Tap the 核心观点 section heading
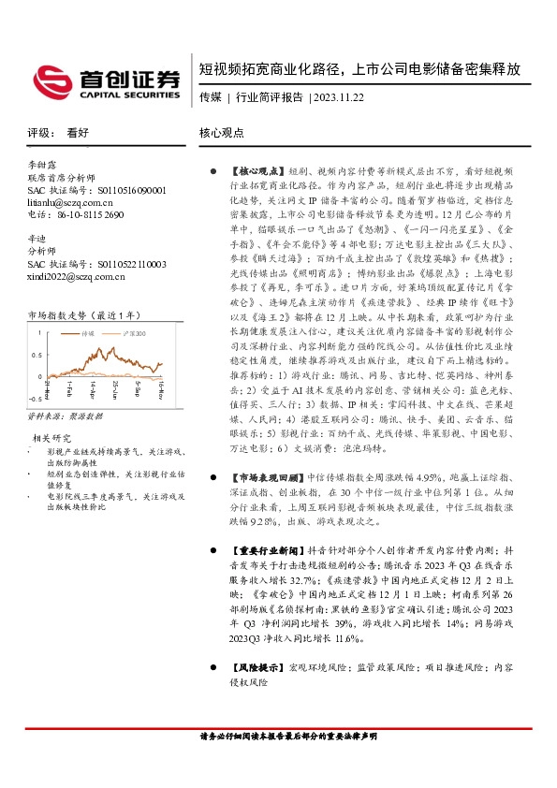(222, 134)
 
